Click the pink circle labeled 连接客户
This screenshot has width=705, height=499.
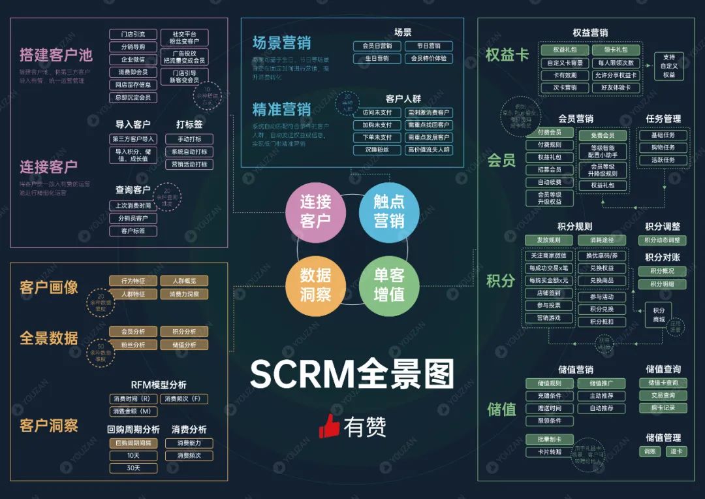point(315,212)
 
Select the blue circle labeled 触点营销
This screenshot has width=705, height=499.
point(389,212)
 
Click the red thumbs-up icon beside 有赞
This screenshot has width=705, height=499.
point(329,426)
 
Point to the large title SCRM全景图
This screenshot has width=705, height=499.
point(352,374)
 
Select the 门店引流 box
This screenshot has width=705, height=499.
point(133,34)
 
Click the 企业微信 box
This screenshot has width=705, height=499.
point(133,59)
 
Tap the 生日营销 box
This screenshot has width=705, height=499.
point(377,58)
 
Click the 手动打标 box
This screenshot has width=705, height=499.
point(189,139)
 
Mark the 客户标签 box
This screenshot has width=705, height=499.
point(133,231)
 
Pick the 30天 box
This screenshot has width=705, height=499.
point(133,468)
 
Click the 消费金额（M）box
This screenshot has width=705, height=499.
point(133,411)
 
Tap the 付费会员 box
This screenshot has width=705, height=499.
point(549,133)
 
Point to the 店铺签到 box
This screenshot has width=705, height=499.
point(548,293)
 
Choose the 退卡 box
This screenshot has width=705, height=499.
point(676,451)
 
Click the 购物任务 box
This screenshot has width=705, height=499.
point(663,148)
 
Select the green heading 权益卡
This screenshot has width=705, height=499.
point(507,55)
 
